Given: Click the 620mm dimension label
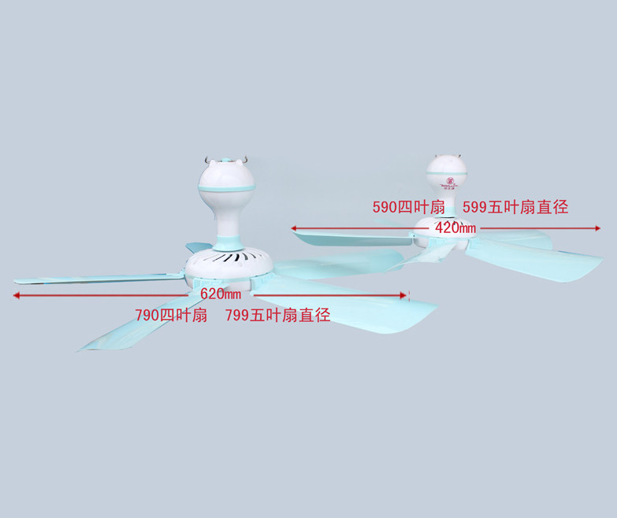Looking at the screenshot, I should tap(221, 294).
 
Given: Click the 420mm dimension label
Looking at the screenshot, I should tap(455, 228).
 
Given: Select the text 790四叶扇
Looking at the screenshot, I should tap(171, 316).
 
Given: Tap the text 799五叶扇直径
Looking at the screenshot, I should tap(277, 316).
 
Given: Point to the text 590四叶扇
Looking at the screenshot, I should tap(408, 207).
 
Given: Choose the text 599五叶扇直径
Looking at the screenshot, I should tap(515, 207).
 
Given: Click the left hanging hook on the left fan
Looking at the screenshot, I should tap(206, 159).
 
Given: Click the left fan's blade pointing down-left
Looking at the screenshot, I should tap(134, 327).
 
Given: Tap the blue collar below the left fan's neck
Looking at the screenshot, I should tap(229, 236).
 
